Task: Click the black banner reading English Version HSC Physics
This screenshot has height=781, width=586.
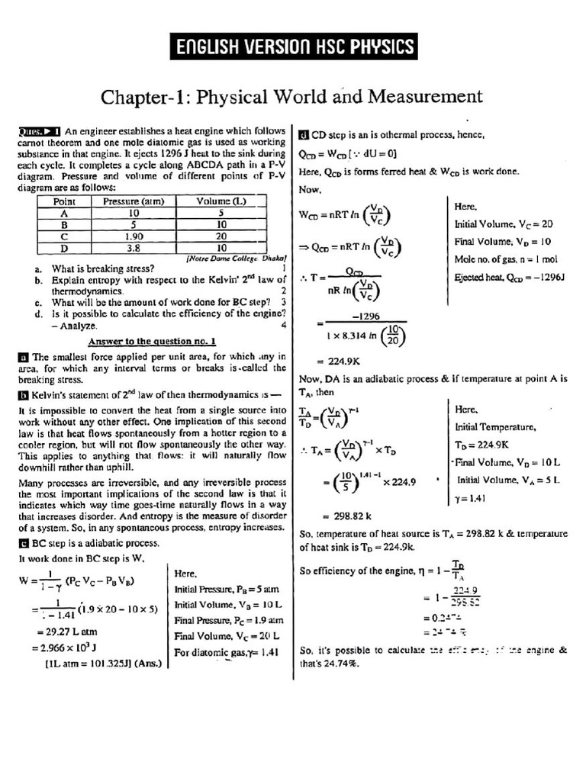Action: [x=293, y=47]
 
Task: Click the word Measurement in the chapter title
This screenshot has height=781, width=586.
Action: [x=425, y=98]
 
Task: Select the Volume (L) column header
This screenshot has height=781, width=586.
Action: [x=221, y=201]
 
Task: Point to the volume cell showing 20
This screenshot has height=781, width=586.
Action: [x=221, y=236]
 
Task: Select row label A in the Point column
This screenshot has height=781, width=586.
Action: [x=64, y=214]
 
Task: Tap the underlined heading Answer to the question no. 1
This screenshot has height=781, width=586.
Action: [x=152, y=341]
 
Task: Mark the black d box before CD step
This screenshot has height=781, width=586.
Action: [x=303, y=136]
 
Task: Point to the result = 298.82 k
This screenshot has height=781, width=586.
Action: [x=340, y=515]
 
